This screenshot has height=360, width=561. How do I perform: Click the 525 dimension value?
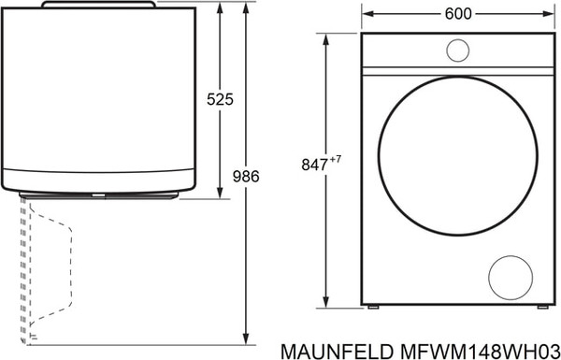(x=221, y=99)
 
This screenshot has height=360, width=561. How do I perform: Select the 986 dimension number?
(x=245, y=175)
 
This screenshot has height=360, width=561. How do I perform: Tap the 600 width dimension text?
(x=457, y=13)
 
